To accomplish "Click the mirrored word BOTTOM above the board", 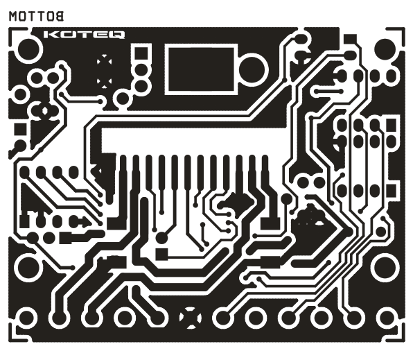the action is coord(36,16).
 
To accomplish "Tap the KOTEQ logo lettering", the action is coord(84,35).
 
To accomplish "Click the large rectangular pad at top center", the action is coord(201,69).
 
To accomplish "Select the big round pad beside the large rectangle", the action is coord(252,69).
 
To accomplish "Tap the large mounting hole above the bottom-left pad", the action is coord(27,266).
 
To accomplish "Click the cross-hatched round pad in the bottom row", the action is coord(190,318).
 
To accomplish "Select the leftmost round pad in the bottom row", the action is coord(26,318).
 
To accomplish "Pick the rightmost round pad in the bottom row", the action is coord(386,318).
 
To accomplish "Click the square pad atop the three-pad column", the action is coord(141,53).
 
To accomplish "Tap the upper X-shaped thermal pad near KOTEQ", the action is coord(104,61).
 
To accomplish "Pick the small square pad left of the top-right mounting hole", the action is coord(351,39).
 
